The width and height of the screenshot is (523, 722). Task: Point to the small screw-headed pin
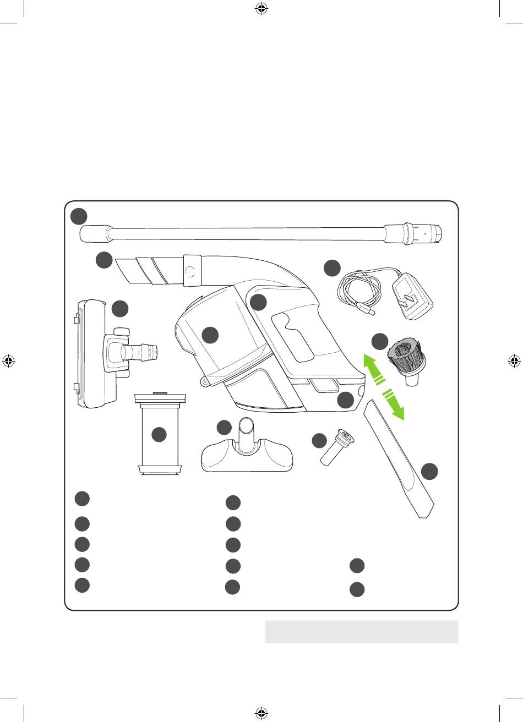click(x=337, y=448)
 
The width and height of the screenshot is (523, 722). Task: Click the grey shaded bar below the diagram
click(x=362, y=632)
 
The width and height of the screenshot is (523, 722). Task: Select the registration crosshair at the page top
click(x=261, y=9)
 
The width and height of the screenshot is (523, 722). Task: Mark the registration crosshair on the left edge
click(x=9, y=361)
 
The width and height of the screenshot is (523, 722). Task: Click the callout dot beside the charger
click(x=331, y=268)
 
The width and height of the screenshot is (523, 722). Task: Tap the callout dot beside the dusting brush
click(x=379, y=341)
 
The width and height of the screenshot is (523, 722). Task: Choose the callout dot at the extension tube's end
click(x=79, y=216)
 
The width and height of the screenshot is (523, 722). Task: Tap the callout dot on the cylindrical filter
click(x=159, y=435)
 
